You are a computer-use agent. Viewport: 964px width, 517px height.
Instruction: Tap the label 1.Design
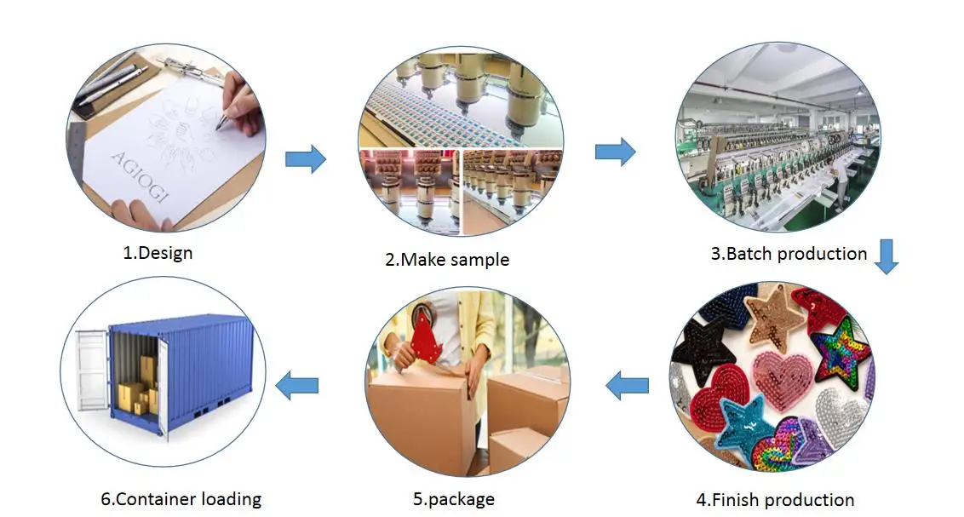[x=157, y=252]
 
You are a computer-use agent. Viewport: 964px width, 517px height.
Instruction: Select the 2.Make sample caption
[x=447, y=260]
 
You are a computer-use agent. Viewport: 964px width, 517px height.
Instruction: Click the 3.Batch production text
[x=789, y=253]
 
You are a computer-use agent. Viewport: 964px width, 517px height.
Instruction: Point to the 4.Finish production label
[x=775, y=500]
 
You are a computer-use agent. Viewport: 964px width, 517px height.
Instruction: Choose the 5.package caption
[x=454, y=499]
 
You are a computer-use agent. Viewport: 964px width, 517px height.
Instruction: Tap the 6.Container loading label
[x=181, y=499]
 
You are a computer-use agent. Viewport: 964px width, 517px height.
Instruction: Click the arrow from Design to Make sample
[x=305, y=158]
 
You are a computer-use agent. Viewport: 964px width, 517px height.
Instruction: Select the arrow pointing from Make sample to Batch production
[x=615, y=152]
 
